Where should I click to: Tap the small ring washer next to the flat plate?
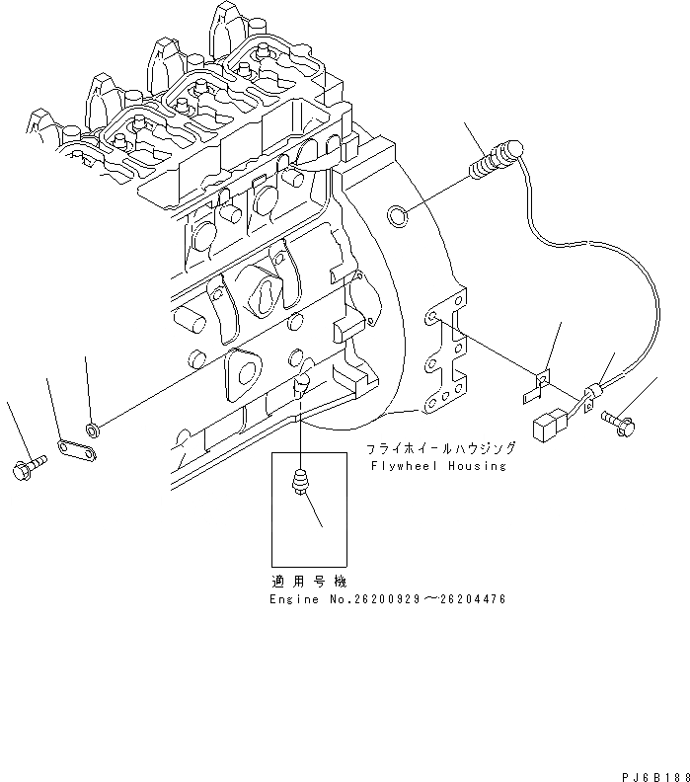point(93,430)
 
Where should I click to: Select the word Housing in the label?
point(475,466)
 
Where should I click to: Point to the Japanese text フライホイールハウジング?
point(437,446)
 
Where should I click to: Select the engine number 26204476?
point(470,599)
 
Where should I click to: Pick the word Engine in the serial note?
point(294,599)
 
